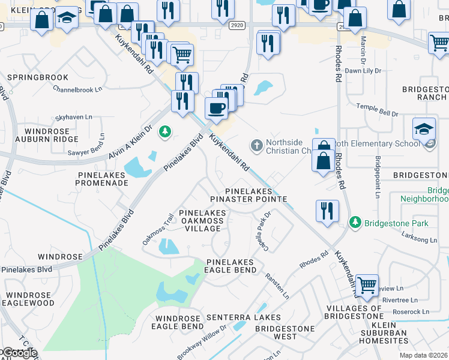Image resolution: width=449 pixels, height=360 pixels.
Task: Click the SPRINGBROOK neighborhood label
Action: [x=37, y=77]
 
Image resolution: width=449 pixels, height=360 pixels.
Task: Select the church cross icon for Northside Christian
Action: [x=256, y=145]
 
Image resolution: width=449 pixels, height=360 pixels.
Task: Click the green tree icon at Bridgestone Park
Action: [x=355, y=223]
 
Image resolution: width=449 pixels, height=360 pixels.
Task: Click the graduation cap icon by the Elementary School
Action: [x=423, y=129]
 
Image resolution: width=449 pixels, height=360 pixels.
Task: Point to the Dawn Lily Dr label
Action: [x=363, y=71]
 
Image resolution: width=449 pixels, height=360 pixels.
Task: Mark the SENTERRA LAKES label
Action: [x=243, y=317]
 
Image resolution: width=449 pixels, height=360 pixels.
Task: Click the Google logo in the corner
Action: [x=19, y=353]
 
